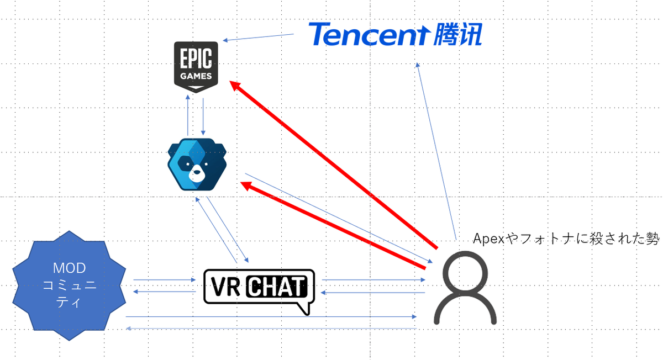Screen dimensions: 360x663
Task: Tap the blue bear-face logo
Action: tap(197, 164)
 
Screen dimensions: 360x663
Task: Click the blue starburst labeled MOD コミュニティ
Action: tap(69, 285)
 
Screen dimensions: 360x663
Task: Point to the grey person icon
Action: tap(464, 287)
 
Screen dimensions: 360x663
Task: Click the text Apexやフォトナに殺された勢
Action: tap(567, 239)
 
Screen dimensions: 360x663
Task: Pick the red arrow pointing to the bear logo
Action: tap(331, 224)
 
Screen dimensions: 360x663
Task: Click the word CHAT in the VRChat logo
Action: tap(275, 287)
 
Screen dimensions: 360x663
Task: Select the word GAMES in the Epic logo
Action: tap(196, 76)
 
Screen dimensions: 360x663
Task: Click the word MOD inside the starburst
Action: tap(69, 269)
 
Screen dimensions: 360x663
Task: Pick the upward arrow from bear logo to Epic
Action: tap(188, 114)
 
